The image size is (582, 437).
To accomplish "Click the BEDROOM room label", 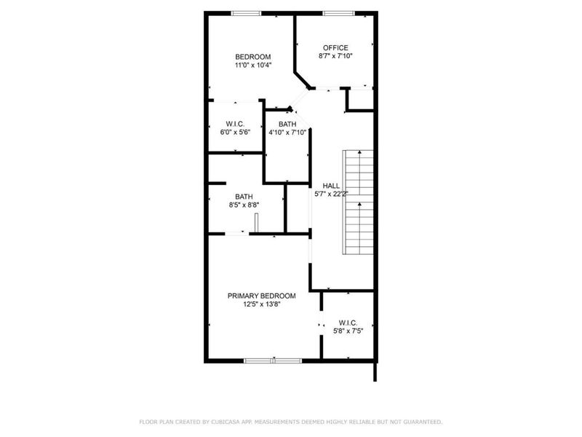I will (x=252, y=57).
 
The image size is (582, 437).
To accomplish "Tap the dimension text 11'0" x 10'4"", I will (x=252, y=66).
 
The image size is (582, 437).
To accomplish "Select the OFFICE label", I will (x=335, y=48).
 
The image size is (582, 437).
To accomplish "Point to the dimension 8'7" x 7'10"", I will (x=335, y=57).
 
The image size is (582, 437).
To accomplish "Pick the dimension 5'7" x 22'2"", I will (x=332, y=194).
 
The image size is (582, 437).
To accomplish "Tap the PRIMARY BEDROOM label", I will (x=261, y=296).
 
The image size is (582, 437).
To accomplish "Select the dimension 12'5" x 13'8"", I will (x=262, y=304).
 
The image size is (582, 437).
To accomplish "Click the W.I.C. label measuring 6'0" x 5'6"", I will (x=234, y=124).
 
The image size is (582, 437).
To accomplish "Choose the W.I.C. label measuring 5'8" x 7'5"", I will (x=348, y=323).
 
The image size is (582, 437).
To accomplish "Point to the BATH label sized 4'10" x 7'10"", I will (x=287, y=124).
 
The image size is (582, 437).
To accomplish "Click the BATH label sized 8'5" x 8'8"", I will (x=244, y=197).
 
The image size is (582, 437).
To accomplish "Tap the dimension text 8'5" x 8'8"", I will (x=244, y=205).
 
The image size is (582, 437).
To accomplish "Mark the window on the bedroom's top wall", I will (x=246, y=12).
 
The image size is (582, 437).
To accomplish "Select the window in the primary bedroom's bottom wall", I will (x=273, y=360).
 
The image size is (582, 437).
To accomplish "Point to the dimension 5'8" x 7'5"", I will (x=348, y=331).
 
